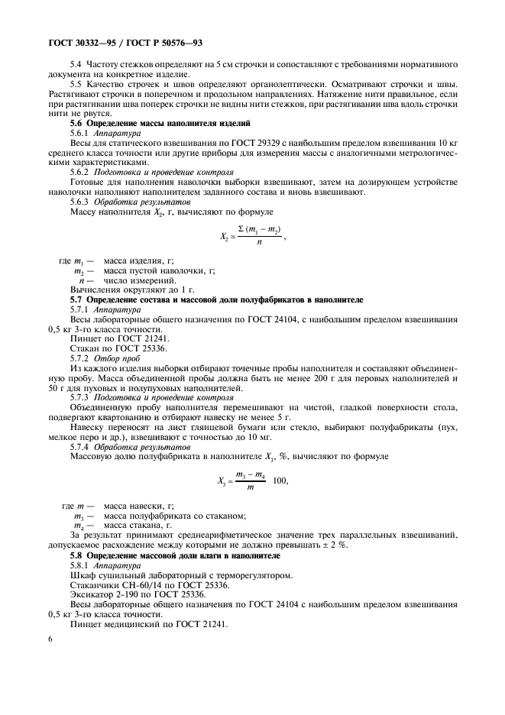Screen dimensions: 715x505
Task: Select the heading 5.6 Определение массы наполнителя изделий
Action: [160, 123]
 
